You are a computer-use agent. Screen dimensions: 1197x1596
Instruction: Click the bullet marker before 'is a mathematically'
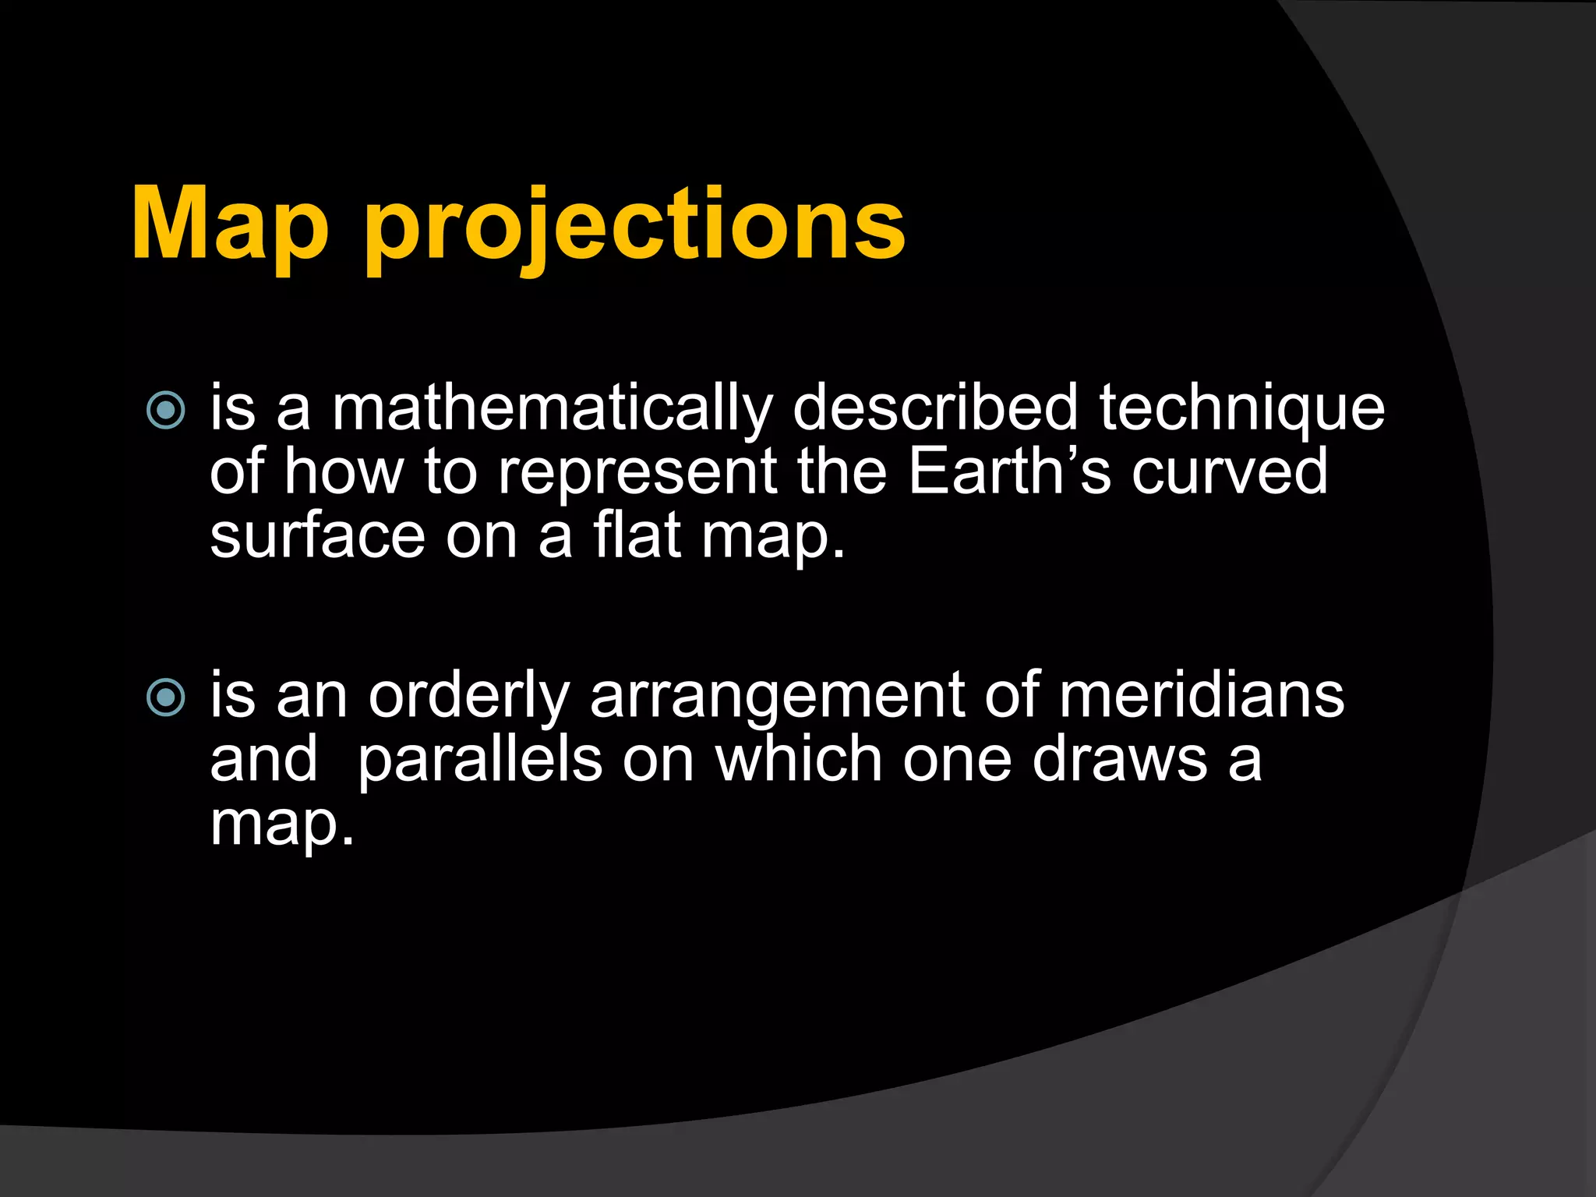point(166,410)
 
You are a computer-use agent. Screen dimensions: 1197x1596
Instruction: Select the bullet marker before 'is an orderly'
point(166,697)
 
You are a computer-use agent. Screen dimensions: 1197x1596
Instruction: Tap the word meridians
point(1201,695)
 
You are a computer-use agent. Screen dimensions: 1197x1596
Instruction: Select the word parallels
point(479,760)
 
